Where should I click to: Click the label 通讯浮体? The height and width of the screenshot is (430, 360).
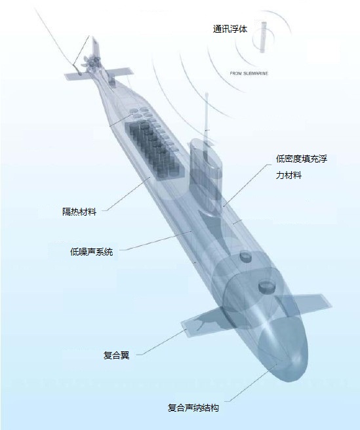230,29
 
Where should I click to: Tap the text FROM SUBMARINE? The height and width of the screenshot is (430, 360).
249,73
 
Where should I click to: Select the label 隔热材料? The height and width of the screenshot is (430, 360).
79,212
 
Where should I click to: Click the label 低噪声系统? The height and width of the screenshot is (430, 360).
91,252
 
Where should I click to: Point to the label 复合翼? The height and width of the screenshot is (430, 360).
116,355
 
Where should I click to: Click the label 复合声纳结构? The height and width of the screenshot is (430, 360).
193,408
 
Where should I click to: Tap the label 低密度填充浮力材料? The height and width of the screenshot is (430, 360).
302,166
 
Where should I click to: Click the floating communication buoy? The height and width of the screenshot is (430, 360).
264,37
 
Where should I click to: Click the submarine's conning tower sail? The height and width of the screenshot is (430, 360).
206,176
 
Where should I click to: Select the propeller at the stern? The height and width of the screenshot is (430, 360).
91,62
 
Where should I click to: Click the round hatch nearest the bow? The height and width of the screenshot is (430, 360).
266,286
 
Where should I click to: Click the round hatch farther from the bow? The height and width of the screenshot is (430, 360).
246,256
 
